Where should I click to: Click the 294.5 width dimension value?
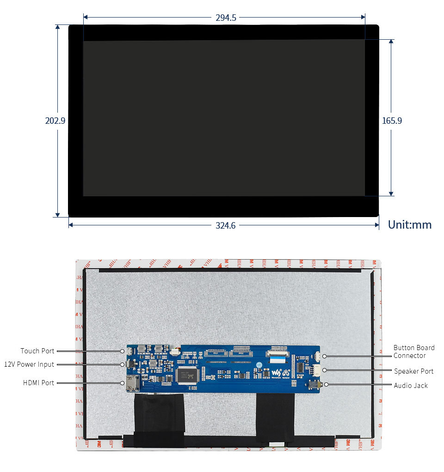pyautogui.click(x=226, y=18)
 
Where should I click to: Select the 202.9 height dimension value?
pyautogui.click(x=55, y=121)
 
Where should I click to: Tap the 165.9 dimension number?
pyautogui.click(x=392, y=121)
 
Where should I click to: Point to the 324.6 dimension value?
pyautogui.click(x=226, y=225)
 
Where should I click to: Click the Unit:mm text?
pyautogui.click(x=409, y=225)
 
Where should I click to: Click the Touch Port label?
pyautogui.click(x=37, y=351)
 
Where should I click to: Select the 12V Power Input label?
pyautogui.click(x=29, y=364)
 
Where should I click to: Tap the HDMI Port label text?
pyautogui.click(x=38, y=383)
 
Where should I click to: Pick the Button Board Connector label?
pyautogui.click(x=413, y=351)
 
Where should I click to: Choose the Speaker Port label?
pyautogui.click(x=413, y=371)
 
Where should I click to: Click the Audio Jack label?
pyautogui.click(x=411, y=385)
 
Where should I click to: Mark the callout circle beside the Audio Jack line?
pyautogui.click(x=327, y=384)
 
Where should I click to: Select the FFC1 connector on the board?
pyautogui.click(x=216, y=353)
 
